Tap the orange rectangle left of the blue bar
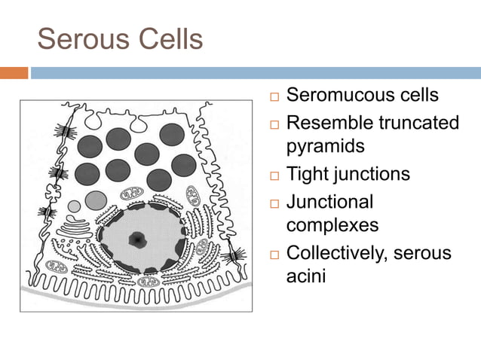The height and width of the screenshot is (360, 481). (x=14, y=73)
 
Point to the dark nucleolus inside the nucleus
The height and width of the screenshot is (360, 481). (x=138, y=239)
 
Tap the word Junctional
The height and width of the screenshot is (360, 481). (x=330, y=201)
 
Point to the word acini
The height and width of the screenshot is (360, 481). (x=306, y=276)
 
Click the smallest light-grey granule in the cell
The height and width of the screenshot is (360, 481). (x=74, y=206)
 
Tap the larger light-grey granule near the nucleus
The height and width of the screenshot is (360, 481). (x=95, y=200)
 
